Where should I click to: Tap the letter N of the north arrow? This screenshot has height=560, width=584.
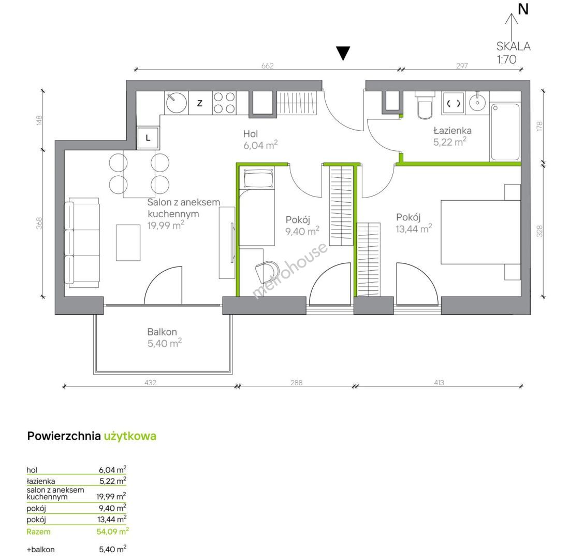[x=523, y=9]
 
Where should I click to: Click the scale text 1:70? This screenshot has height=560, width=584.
[x=506, y=59]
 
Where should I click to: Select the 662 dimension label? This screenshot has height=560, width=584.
[x=268, y=66]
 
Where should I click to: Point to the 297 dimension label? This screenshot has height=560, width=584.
[x=462, y=66]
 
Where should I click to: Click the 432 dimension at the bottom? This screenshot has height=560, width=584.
[x=150, y=383]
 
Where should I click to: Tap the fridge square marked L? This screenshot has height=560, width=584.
[x=148, y=138]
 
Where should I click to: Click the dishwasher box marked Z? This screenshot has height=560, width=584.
[x=200, y=103]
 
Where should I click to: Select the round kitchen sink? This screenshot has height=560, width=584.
[x=177, y=103]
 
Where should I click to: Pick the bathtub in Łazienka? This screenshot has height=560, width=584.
[x=505, y=132]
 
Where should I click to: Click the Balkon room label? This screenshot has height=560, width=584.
[x=162, y=332]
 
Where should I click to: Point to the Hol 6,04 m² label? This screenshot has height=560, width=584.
[x=260, y=139]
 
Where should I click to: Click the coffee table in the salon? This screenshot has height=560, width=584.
[x=128, y=243]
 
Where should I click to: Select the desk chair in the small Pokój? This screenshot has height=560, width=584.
[x=268, y=271]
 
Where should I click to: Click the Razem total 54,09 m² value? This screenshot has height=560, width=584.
[x=112, y=531]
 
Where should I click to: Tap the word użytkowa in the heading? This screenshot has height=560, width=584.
[x=130, y=436]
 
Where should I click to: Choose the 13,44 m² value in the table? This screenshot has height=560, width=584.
[x=112, y=519]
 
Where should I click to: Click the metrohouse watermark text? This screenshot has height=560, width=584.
[x=290, y=270]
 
